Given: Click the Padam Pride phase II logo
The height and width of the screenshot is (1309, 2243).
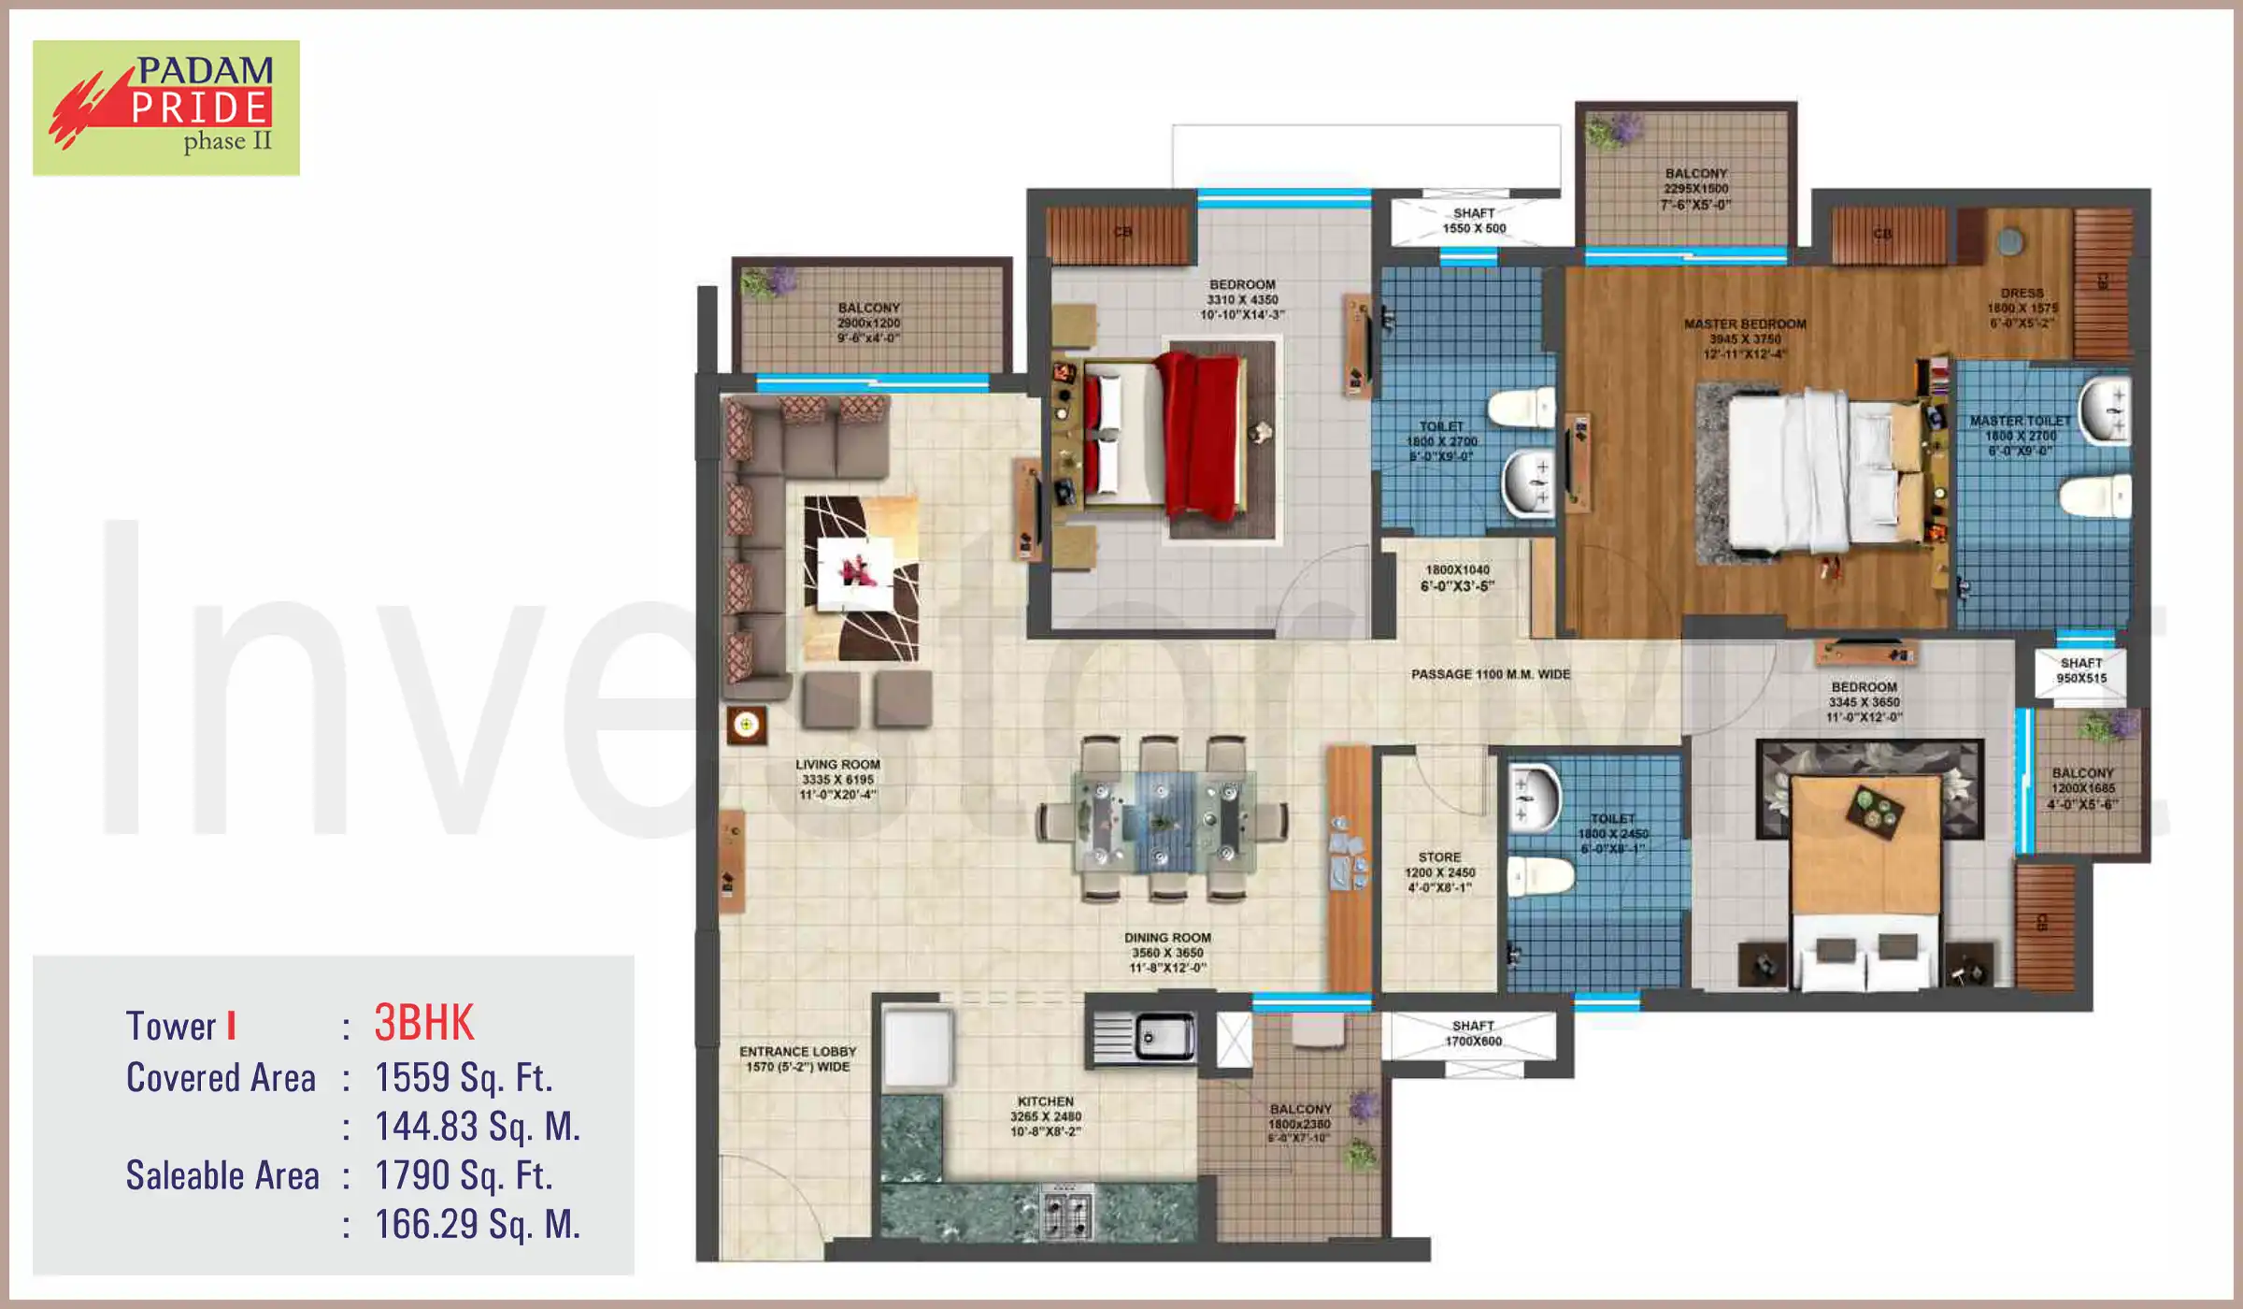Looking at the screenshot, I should pyautogui.click(x=166, y=108).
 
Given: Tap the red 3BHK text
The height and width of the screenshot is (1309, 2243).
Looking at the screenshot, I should pyautogui.click(x=424, y=1023).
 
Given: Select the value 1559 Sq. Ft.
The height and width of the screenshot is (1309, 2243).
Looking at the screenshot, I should pyautogui.click(x=464, y=1077).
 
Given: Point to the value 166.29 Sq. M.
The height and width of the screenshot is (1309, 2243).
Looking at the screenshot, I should pyautogui.click(x=477, y=1224).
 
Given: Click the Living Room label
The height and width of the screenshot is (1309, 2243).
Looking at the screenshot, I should pyautogui.click(x=837, y=779).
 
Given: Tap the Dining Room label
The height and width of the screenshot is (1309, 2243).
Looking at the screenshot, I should pyautogui.click(x=1167, y=952).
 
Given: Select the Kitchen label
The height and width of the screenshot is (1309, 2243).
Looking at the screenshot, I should pyautogui.click(x=1045, y=1115).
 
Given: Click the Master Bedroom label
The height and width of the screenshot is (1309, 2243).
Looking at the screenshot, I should pyautogui.click(x=1745, y=338).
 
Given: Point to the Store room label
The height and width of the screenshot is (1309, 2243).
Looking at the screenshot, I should pyautogui.click(x=1439, y=871).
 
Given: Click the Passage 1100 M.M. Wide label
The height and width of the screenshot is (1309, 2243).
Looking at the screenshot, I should pyautogui.click(x=1490, y=674).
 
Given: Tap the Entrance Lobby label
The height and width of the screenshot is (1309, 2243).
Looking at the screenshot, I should pyautogui.click(x=797, y=1058).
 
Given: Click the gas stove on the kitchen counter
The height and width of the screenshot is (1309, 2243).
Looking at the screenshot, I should pyautogui.click(x=1066, y=1212).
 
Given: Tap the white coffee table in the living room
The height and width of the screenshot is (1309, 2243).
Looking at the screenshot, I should pyautogui.click(x=855, y=572).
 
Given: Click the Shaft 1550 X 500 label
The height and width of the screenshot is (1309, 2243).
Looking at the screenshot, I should pyautogui.click(x=1474, y=221).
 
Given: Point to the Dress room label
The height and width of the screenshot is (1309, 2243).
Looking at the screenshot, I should pyautogui.click(x=2022, y=308).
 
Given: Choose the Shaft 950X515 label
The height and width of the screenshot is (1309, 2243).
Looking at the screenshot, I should pyautogui.click(x=2081, y=670).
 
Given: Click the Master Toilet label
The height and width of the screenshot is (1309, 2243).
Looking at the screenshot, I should pyautogui.click(x=2020, y=436).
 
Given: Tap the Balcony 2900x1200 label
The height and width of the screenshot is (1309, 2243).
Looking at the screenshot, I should pyautogui.click(x=868, y=322).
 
